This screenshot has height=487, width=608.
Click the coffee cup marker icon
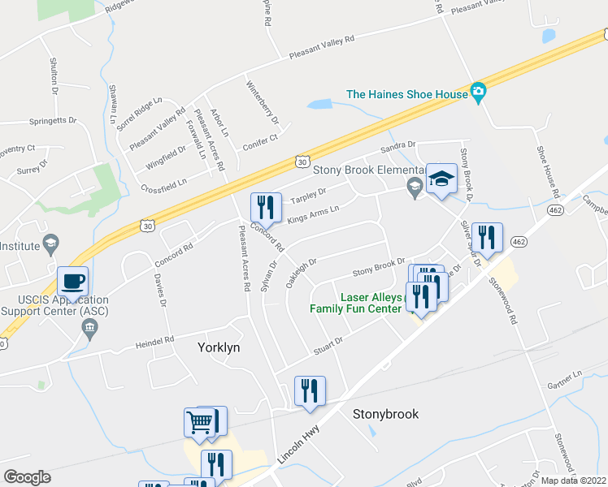point(73,282)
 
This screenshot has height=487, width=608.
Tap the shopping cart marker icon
point(200,422)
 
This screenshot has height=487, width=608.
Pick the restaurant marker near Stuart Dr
point(309,391)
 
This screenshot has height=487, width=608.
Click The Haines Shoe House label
point(407,94)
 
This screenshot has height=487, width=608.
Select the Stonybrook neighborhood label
point(385,414)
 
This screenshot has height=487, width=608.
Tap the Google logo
point(27,476)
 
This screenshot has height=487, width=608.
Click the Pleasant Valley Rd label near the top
point(322,48)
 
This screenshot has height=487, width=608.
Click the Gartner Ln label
point(565,380)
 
